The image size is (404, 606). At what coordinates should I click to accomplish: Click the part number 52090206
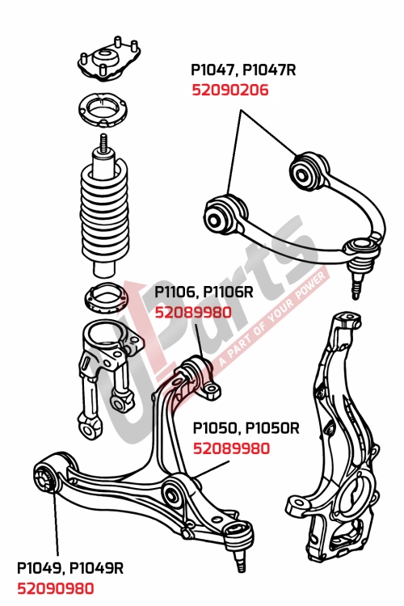[x=229, y=90]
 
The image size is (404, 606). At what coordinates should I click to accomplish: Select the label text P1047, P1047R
[x=243, y=70]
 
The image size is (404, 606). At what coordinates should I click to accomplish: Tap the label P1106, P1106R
[x=204, y=292]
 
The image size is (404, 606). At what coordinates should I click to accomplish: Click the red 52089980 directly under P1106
[x=192, y=312]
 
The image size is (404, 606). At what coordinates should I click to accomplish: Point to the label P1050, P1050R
[x=245, y=427]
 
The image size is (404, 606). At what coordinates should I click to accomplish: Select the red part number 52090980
[x=55, y=589]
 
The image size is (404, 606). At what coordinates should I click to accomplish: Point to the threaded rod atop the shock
[x=103, y=145]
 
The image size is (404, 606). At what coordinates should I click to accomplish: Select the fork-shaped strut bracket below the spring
[x=101, y=364]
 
